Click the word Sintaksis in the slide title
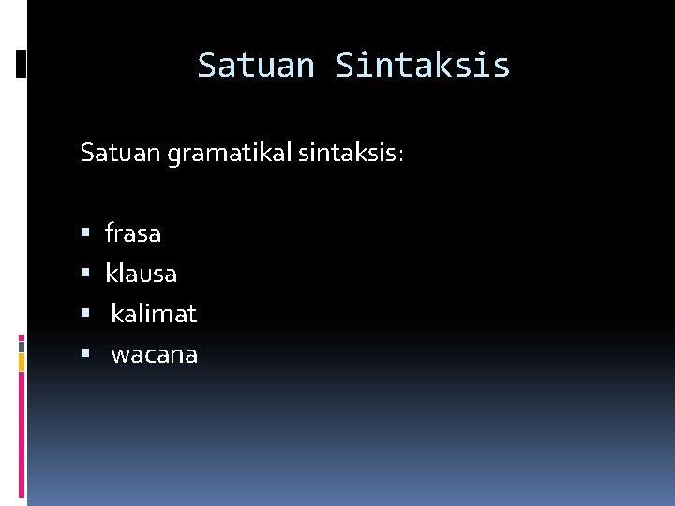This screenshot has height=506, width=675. [x=423, y=66]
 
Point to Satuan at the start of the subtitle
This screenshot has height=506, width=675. [x=121, y=153]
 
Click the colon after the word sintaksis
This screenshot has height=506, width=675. [x=401, y=156]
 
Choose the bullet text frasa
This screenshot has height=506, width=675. [x=133, y=232]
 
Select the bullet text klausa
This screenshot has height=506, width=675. [x=141, y=274]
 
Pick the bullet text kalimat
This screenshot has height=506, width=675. [x=154, y=314]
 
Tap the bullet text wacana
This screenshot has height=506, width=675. [x=154, y=355]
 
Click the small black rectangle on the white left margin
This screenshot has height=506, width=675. [x=22, y=64]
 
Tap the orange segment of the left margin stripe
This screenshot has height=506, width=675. [x=22, y=363]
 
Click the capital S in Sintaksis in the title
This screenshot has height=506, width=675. [x=344, y=66]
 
